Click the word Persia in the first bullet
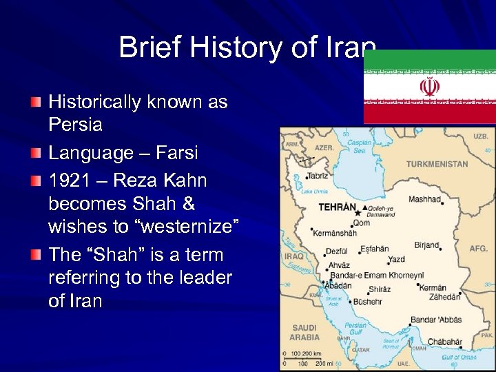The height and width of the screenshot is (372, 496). pyautogui.click(x=75, y=125)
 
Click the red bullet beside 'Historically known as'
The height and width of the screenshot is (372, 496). pyautogui.click(x=35, y=103)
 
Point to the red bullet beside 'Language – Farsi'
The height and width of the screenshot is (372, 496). pyautogui.click(x=35, y=153)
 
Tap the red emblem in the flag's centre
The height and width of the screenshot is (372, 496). pyautogui.click(x=430, y=86)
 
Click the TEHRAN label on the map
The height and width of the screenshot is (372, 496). pyautogui.click(x=337, y=207)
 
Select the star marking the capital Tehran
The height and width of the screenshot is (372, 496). pyautogui.click(x=356, y=214)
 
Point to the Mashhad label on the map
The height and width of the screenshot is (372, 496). pyautogui.click(x=424, y=199)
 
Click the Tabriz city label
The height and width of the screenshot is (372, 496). pyautogui.click(x=318, y=176)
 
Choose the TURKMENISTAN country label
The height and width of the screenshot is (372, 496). pyautogui.click(x=437, y=165)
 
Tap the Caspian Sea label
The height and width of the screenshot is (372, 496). pyautogui.click(x=358, y=146)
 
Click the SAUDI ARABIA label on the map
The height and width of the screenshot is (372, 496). pyautogui.click(x=304, y=333)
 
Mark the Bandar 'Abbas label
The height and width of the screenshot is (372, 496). pyautogui.click(x=435, y=320)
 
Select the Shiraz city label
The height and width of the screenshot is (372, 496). pyautogui.click(x=380, y=289)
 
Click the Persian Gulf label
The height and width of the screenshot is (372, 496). pyautogui.click(x=355, y=329)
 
